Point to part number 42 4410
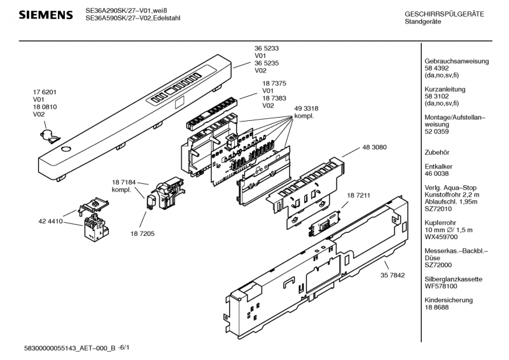click(51, 221)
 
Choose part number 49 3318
click(306, 109)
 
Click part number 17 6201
click(45, 92)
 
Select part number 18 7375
click(274, 83)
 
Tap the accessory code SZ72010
click(438, 208)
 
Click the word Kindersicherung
click(448, 300)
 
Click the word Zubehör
click(436, 151)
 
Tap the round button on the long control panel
click(65, 149)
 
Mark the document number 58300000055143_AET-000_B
click(69, 349)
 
